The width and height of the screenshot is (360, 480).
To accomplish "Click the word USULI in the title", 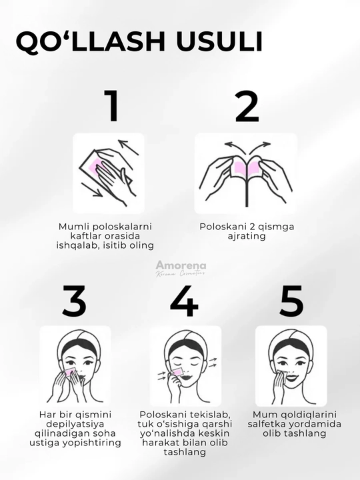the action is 219,41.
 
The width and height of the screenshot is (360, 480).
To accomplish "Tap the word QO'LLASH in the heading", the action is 91,41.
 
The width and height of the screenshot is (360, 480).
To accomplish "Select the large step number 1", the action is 113,105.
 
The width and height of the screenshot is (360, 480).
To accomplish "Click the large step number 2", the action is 247,105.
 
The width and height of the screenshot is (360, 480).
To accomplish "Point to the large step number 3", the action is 74,301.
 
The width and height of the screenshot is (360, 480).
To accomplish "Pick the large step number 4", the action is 184,301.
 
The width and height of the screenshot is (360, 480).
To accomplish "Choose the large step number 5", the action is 291,301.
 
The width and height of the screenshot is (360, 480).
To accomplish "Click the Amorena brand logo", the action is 181,269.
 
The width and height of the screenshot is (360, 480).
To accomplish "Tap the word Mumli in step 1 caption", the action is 74,227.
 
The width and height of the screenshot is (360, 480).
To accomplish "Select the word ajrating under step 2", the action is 247,236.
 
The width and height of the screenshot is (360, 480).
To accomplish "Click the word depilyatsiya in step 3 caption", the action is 75,424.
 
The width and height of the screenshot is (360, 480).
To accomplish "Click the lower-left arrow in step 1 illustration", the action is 92,189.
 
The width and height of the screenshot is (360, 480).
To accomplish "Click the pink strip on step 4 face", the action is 177,371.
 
